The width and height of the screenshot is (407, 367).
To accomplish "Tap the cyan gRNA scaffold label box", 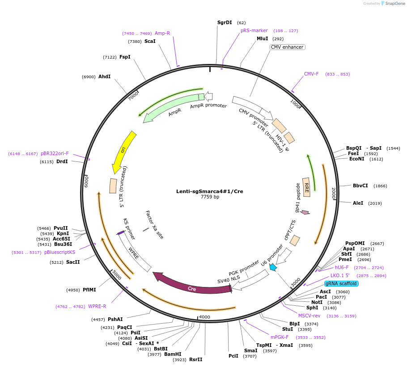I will tap(341, 283).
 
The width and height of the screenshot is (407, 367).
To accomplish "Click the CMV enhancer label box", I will tap(287, 47).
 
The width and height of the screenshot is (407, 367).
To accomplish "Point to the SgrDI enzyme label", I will tap(225, 22).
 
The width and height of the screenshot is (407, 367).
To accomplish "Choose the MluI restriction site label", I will tap(263, 38).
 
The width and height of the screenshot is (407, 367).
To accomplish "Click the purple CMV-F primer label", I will tap(311, 74).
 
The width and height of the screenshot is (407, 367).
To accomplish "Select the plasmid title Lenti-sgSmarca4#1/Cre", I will tap(210, 191).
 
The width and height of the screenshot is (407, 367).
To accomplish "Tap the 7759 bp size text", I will tap(210, 197).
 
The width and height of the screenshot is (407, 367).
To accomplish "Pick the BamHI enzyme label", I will tap(173, 354).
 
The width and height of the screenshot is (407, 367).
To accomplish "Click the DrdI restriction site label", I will tap(62, 161).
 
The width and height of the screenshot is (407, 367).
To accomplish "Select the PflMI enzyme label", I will tap(89, 290).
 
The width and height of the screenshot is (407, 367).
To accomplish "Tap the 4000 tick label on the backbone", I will tap(204, 317).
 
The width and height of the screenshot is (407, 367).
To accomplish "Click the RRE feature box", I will tap(306, 187).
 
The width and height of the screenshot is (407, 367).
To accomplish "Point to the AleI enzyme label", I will tap(358, 203).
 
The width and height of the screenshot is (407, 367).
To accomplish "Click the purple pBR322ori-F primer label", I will tap(55, 153).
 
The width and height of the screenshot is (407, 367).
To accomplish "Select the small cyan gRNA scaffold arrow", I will tap(272, 267).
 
